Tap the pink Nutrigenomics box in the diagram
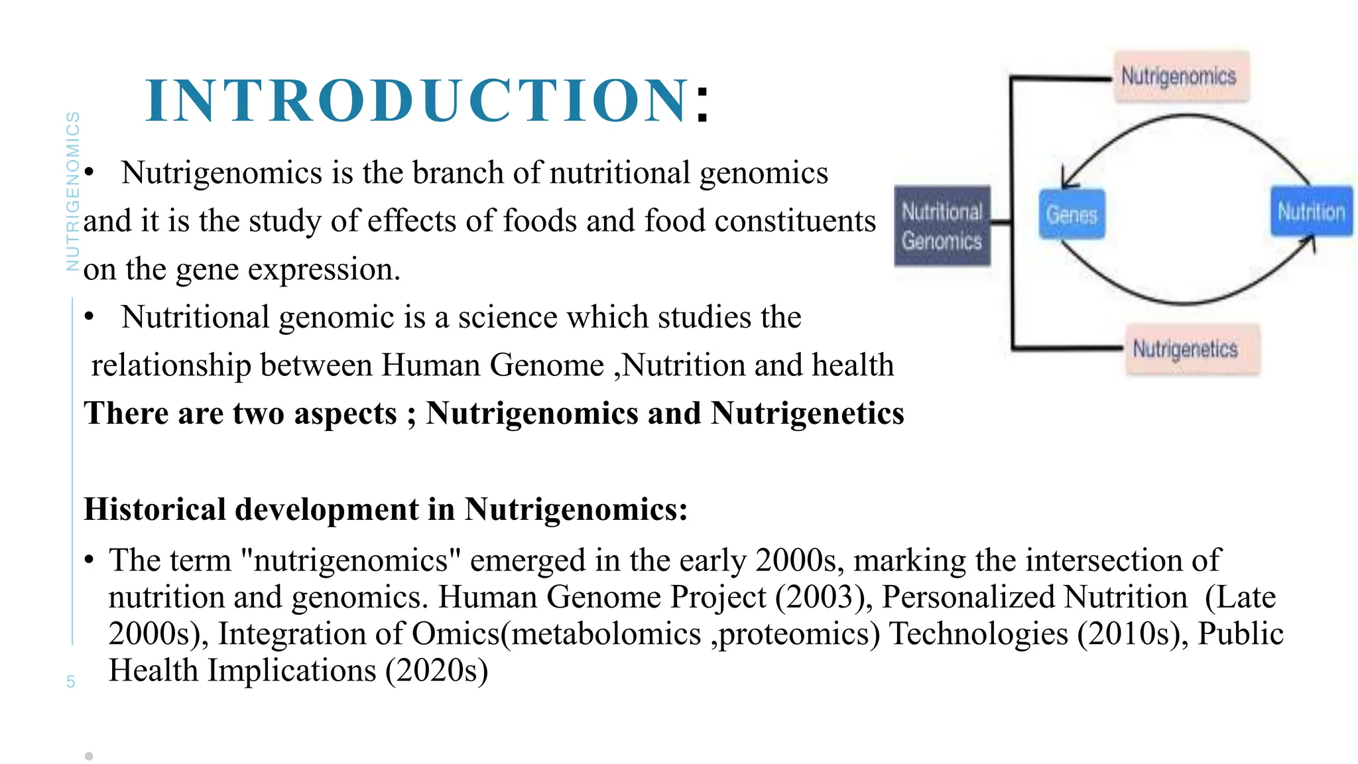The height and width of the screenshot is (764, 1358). (1180, 76)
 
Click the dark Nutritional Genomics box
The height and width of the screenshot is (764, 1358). (942, 226)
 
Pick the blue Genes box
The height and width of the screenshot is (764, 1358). (1072, 214)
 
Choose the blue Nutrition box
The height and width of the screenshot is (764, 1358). (1311, 212)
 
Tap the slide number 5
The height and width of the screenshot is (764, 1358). (70, 682)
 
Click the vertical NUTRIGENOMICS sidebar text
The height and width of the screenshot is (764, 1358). (73, 191)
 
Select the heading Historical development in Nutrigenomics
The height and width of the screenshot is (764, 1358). (386, 509)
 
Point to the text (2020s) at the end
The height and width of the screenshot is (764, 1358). (437, 670)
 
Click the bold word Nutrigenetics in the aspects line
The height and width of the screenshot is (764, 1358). (807, 413)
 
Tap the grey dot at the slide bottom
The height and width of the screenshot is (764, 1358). (89, 756)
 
